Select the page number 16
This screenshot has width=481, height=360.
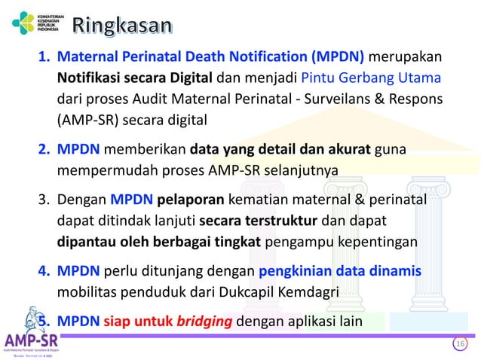[x=459, y=344]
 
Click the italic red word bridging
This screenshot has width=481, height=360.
[x=204, y=322]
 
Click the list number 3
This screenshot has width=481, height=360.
[x=43, y=200]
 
